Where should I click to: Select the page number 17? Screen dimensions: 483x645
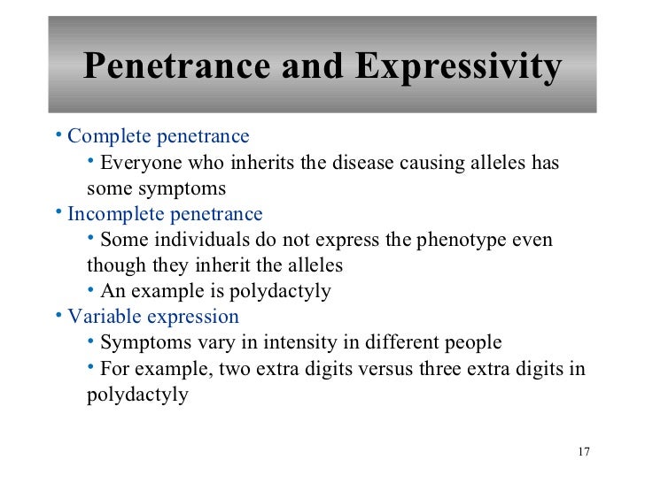pyautogui.click(x=583, y=453)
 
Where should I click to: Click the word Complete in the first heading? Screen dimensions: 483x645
pyautogui.click(x=105, y=137)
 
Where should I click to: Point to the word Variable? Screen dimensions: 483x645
pyautogui.click(x=97, y=317)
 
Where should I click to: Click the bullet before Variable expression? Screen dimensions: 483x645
pyautogui.click(x=58, y=315)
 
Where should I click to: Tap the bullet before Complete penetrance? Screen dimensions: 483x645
pyautogui.click(x=58, y=135)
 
